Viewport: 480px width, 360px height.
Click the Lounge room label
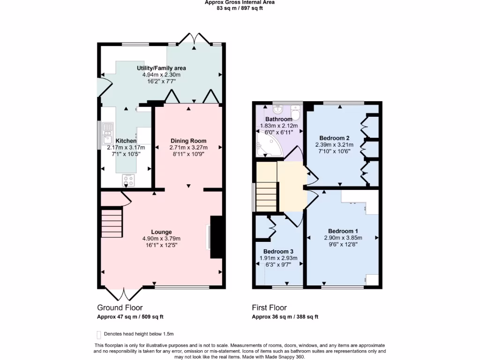tap(161, 232)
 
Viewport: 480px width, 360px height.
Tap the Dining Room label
tap(188, 141)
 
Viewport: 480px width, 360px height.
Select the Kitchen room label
tap(126, 141)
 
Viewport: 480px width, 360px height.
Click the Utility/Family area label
tap(161, 68)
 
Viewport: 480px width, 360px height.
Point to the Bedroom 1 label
tap(343, 231)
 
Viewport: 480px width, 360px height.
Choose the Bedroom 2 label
tap(334, 138)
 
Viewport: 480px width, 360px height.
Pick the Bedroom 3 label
tap(278, 251)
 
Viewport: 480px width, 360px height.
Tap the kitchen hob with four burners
tap(128, 180)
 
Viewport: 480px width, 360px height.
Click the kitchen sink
tap(107, 134)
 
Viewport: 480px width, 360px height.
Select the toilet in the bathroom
tap(296, 113)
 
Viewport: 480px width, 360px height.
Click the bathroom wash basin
tap(278, 108)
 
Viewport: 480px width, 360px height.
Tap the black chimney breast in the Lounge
tap(216, 237)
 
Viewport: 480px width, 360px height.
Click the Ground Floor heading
tap(120, 307)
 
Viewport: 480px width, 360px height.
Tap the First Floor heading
tap(269, 307)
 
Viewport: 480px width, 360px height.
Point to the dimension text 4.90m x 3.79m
tap(161, 238)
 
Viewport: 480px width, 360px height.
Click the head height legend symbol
tap(98, 334)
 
